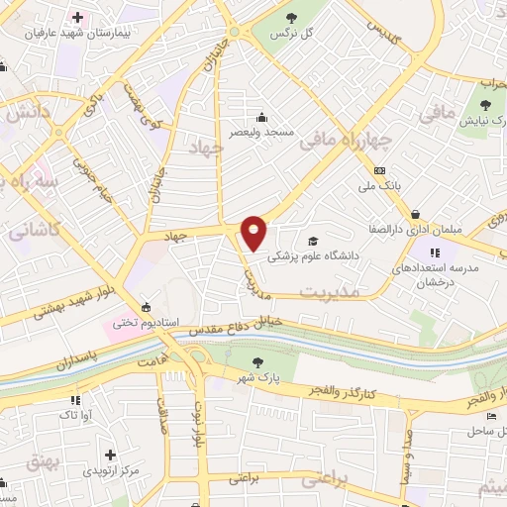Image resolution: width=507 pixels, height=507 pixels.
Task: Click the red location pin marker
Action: pos(254,232)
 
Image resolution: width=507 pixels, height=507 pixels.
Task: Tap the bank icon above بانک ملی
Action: pos(380,170)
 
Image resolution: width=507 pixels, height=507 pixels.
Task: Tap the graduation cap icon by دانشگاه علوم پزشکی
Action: pos(313,242)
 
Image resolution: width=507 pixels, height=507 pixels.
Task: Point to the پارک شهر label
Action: pos(258,377)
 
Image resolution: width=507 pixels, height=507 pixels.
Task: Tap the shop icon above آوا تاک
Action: pos(71,400)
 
